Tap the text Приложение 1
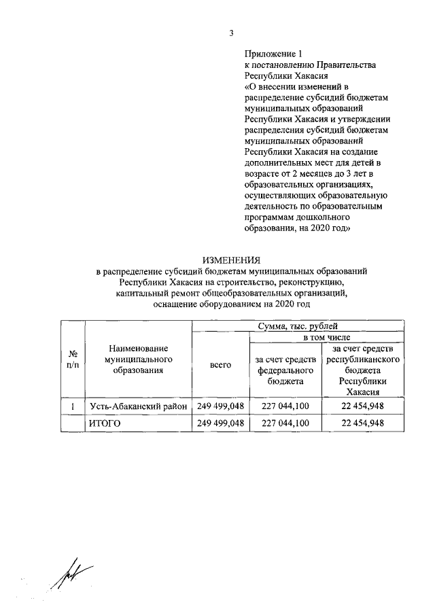pos(272,54)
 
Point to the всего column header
pos(221,365)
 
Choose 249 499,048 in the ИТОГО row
pos(220,423)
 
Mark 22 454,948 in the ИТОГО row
pos(363,423)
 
